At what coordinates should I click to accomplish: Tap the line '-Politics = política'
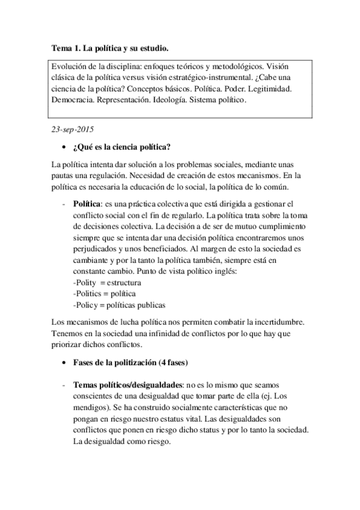click(103, 293)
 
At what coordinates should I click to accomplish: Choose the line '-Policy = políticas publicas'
click(118, 304)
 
